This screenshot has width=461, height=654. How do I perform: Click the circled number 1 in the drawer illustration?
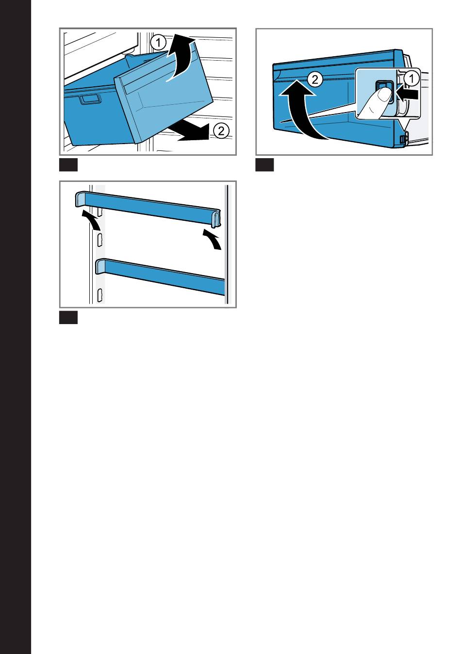(158, 43)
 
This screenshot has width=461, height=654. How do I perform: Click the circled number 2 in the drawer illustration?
(221, 131)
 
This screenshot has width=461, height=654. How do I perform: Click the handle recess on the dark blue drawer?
(91, 99)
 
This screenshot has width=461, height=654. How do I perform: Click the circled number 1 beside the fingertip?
(412, 79)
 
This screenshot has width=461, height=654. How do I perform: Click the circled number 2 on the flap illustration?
(315, 80)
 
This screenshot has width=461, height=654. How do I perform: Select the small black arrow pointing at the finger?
(408, 94)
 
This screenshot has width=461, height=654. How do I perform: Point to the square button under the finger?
(385, 92)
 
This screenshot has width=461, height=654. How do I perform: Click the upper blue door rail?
(148, 208)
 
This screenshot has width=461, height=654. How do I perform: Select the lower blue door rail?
(160, 276)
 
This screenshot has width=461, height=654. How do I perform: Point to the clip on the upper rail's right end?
(215, 218)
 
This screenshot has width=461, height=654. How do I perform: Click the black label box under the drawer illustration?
(68, 165)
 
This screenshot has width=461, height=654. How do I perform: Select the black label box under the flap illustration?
(264, 165)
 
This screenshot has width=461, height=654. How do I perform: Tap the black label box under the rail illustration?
(68, 318)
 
